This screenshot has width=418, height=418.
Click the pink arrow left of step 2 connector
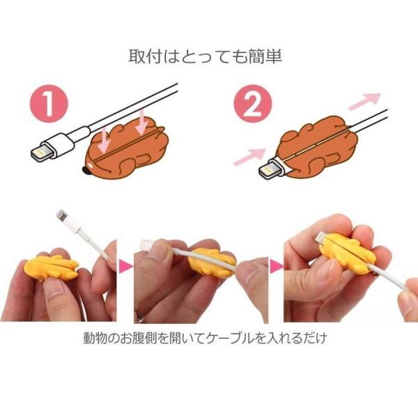click(249, 155)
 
